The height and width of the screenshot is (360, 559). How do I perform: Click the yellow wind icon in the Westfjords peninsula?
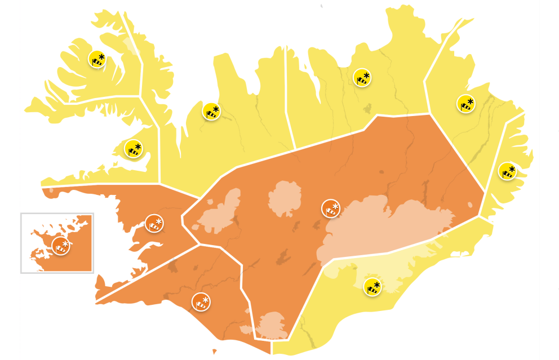coord(97,59)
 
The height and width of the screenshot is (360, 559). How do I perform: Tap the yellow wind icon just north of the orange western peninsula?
coord(133,149)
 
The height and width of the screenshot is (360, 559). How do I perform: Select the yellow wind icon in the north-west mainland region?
coord(211,111)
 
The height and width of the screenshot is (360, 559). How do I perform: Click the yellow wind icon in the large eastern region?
coord(465,103)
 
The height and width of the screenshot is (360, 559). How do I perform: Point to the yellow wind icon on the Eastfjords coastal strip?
coord(507,171)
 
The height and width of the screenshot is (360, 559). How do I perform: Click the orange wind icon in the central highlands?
coord(331,208)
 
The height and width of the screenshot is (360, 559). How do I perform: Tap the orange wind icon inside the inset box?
coord(60,246)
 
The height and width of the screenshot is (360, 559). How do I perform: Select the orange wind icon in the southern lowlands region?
coord(200,301)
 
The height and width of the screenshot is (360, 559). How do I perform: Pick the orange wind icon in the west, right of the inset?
coord(154,223)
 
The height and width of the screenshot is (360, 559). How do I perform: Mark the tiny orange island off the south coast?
coord(214,352)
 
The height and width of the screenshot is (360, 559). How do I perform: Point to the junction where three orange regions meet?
coord(198,245)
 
